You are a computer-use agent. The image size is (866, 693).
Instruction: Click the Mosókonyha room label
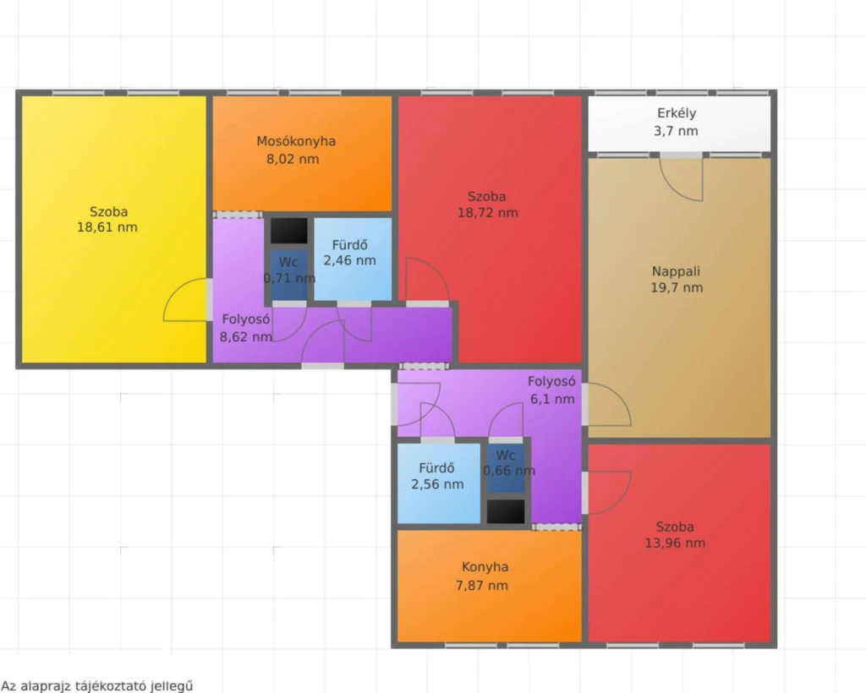point(296,141)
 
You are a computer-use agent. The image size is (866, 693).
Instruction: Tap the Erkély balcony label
point(677,113)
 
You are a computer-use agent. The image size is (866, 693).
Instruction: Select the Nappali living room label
point(676,271)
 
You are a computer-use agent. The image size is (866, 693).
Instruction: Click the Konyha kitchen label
point(485,567)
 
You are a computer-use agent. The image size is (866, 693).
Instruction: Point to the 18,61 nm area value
point(107,227)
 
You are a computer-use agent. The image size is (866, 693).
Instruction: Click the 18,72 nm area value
point(488,213)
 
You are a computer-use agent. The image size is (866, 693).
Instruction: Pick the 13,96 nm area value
point(675,543)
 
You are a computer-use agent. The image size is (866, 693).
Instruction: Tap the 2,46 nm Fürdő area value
point(349,260)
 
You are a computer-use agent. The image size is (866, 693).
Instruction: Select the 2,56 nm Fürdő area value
point(437,484)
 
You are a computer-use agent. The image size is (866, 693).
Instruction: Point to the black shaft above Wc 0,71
point(289,231)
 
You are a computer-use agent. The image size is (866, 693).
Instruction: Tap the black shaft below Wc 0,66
point(506,511)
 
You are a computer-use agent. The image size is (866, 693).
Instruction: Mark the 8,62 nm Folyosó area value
point(246,336)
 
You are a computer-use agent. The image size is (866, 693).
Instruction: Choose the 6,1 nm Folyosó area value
point(552,398)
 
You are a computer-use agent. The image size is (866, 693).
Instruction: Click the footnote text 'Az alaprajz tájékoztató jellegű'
point(97,686)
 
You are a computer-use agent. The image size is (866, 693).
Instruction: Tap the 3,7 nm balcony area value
point(676,131)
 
